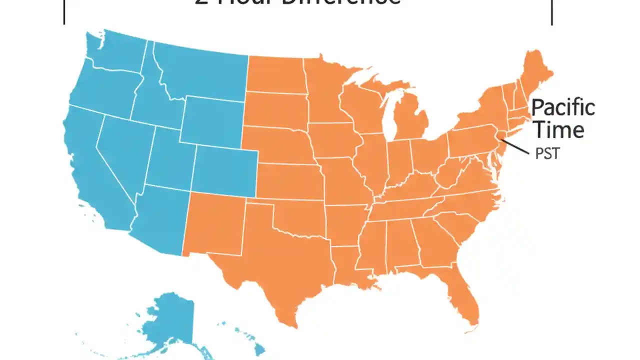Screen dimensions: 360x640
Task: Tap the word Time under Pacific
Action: click(558, 130)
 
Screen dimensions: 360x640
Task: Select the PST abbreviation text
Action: click(547, 153)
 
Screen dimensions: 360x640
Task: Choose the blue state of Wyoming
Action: click(212, 120)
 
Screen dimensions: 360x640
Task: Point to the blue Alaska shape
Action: click(170, 320)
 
